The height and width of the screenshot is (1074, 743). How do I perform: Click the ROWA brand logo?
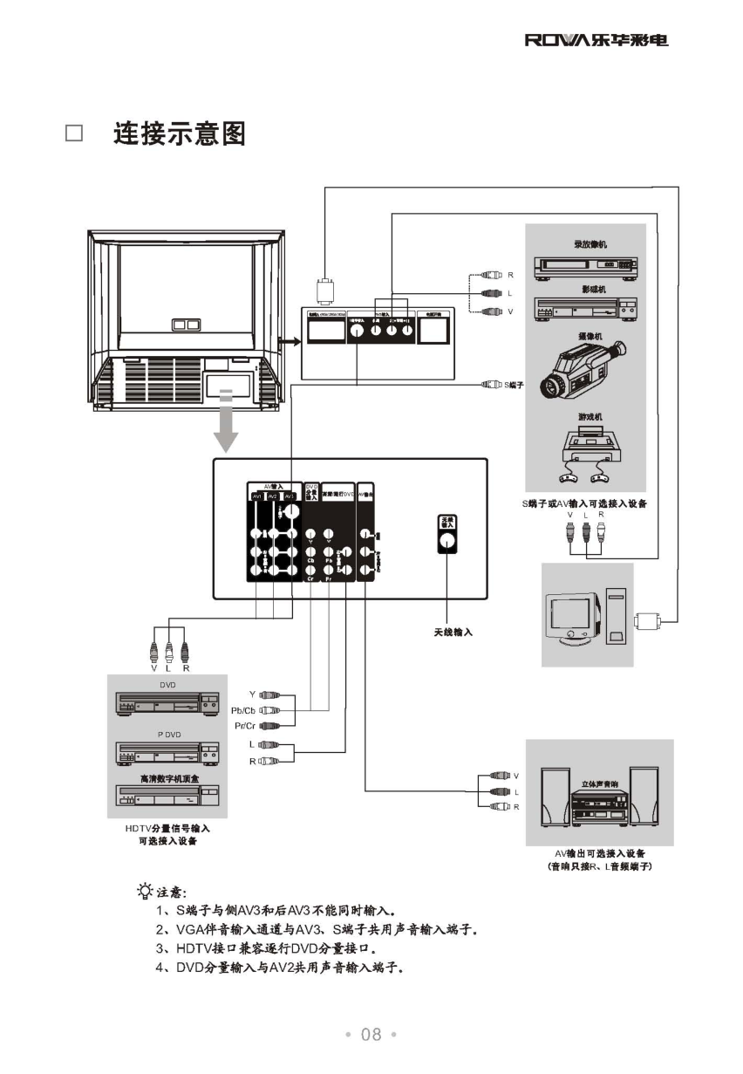point(596,40)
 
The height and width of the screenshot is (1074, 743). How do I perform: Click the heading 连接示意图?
point(180,133)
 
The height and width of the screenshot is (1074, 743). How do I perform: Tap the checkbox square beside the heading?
point(74,133)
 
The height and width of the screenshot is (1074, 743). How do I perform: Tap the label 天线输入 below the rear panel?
point(453,632)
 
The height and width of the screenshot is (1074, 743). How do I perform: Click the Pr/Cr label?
point(244,725)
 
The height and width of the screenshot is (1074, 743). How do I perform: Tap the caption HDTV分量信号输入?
point(167,827)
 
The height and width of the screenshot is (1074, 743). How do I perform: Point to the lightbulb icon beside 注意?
point(144,891)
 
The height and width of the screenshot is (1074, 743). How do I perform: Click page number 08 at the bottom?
point(371,1035)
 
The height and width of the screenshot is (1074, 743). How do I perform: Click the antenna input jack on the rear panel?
point(446,540)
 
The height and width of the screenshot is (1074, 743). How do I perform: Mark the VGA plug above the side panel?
point(324,290)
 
